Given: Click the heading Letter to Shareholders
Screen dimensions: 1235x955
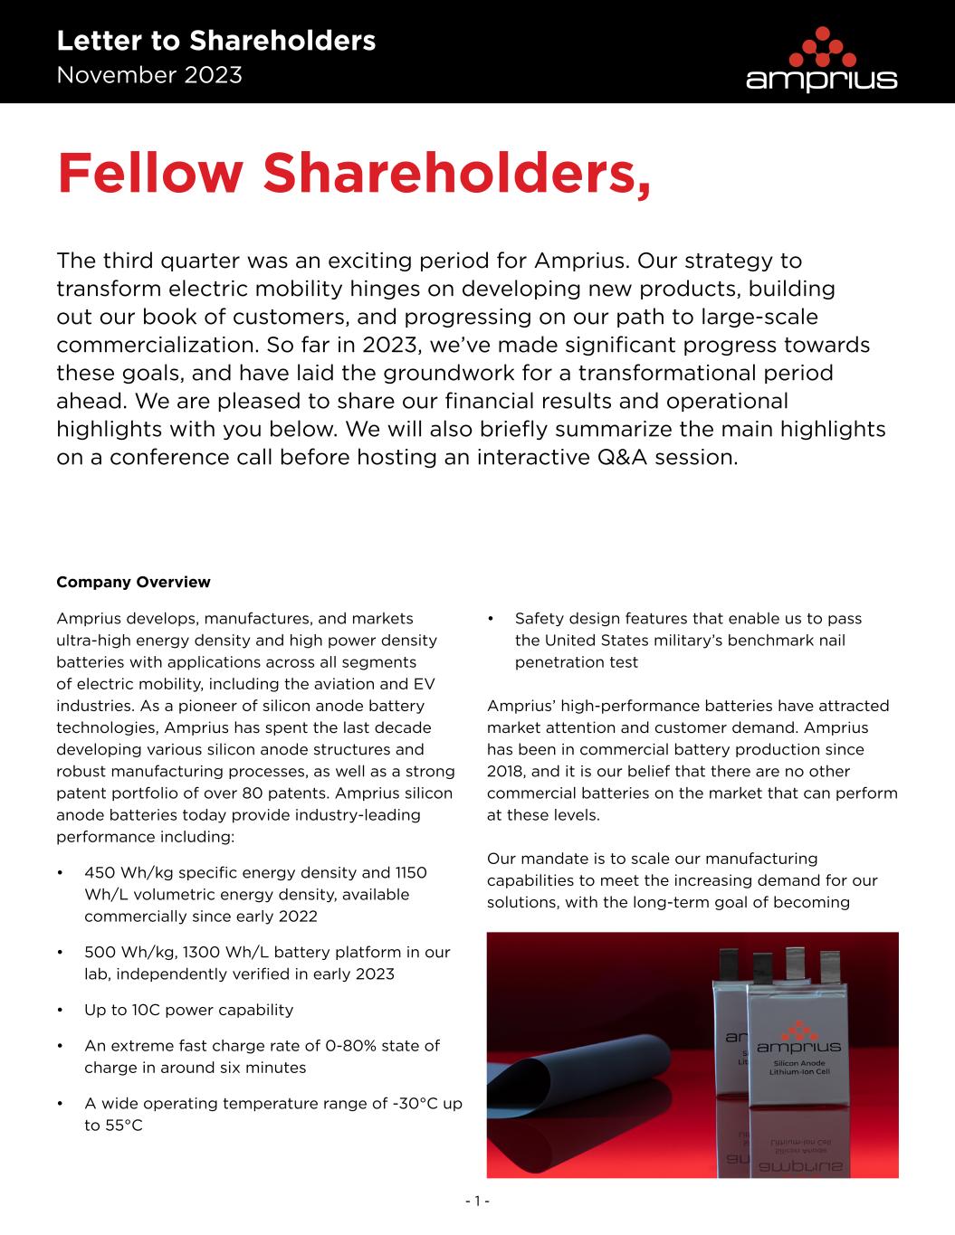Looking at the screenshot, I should tap(215, 41).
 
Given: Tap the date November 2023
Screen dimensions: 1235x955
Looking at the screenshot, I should tap(149, 75).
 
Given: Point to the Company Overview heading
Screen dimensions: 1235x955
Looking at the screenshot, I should tap(133, 582).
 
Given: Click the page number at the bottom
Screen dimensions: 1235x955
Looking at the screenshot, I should tap(477, 1202).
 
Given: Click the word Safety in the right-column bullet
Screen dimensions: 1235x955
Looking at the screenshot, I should tap(539, 619).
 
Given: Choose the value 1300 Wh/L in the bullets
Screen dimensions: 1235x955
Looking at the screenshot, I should tap(233, 953).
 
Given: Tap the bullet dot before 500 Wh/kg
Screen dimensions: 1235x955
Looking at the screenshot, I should tap(60, 953).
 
